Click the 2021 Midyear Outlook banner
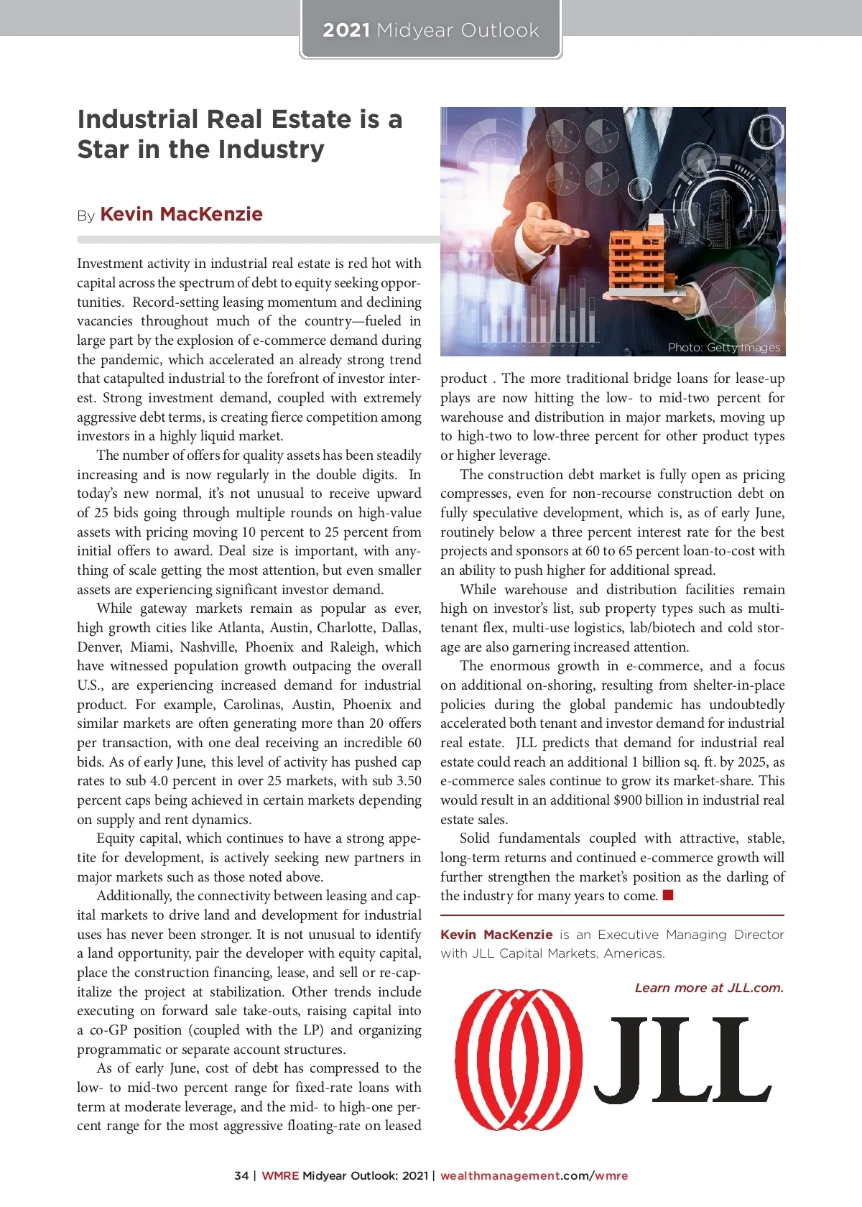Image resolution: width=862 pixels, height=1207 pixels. pos(430,30)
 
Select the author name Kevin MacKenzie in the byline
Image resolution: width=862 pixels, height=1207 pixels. pos(181,214)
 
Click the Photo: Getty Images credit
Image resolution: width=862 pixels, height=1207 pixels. pos(723,348)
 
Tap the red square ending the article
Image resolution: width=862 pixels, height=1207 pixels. pos(668,895)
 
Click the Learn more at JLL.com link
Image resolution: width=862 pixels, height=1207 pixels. pos(708,988)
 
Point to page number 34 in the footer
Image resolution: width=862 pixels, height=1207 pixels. pos(241,1175)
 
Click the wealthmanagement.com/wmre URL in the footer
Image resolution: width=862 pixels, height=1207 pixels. pos(534,1175)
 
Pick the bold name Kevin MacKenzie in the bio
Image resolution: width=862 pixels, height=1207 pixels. pos(496,934)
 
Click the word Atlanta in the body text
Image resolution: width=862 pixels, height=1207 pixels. pos(239,627)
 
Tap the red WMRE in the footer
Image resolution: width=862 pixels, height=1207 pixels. pos(280,1175)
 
